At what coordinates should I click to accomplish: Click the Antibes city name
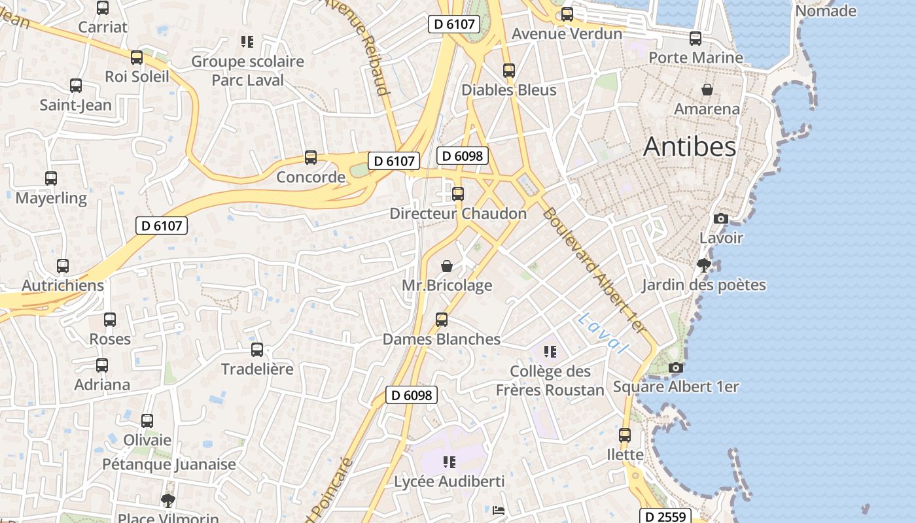[x=690, y=147]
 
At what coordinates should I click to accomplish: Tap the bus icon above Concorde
[x=311, y=158]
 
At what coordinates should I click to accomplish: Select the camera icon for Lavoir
[x=721, y=218]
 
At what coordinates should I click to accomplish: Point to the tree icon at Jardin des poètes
[x=704, y=265]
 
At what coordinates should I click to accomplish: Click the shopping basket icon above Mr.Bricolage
[x=447, y=266]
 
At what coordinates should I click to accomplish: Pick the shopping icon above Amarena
[x=707, y=90]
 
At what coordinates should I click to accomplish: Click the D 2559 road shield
[x=665, y=516]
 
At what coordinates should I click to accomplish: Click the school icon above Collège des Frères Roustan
[x=550, y=352]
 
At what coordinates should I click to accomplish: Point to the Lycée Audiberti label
[x=449, y=482]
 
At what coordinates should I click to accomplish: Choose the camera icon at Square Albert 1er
[x=676, y=368]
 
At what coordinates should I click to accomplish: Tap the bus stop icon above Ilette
[x=625, y=435]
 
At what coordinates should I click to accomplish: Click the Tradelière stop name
[x=257, y=369]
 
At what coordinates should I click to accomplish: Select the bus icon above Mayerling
[x=51, y=178]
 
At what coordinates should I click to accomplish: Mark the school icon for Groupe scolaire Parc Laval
[x=247, y=42]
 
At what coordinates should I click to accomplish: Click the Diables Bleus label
[x=509, y=90]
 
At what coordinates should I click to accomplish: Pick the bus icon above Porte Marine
[x=696, y=39]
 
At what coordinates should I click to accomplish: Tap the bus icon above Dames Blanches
[x=442, y=320]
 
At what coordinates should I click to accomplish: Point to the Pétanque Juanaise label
[x=169, y=465]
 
